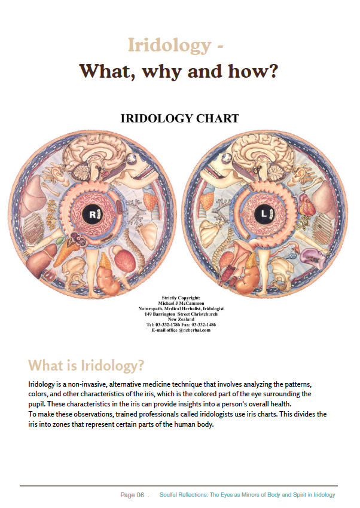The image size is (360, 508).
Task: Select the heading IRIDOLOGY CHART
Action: tap(179, 118)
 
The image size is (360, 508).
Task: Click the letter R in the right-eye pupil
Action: tap(93, 214)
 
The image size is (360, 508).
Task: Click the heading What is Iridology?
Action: tap(86, 365)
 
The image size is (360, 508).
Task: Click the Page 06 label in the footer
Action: tap(132, 495)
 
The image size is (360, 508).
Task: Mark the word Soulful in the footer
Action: tap(169, 495)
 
